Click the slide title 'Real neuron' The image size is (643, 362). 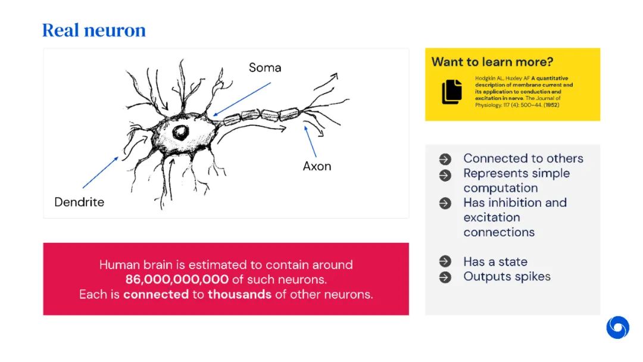click(94, 30)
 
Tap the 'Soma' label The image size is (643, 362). click(265, 67)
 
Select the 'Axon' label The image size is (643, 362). click(317, 166)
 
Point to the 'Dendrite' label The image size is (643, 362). click(79, 202)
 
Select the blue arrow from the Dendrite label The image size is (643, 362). click(101, 171)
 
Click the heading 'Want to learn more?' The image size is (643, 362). click(492, 62)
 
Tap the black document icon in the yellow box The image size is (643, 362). click(452, 92)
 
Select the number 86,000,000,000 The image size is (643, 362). click(177, 279)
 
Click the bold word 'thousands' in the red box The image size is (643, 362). click(239, 294)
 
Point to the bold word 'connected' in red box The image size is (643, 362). click(156, 294)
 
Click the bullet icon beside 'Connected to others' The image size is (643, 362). click(445, 160)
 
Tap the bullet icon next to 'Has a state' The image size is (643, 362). click(445, 262)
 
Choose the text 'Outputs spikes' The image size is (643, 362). click(507, 276)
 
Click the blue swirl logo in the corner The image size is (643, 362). click(617, 327)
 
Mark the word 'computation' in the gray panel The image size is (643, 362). click(500, 188)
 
